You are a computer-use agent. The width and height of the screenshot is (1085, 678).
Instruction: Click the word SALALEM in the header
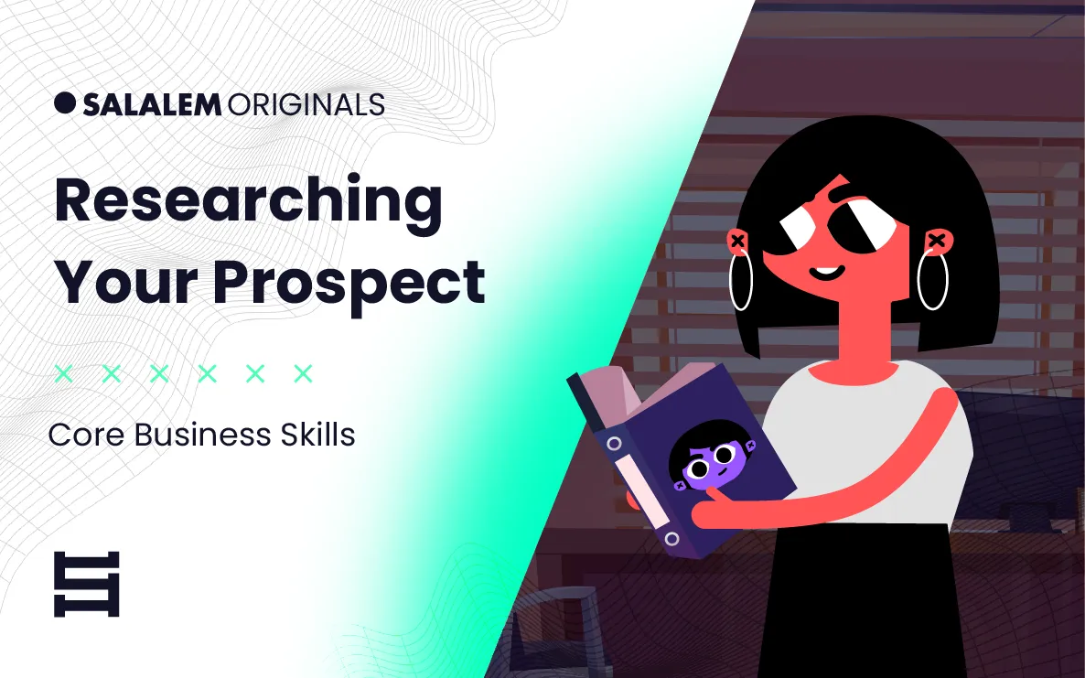click(x=152, y=104)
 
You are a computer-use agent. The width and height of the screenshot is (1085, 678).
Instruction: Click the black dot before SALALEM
click(x=64, y=102)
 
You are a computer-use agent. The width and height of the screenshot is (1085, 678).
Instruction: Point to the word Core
click(x=87, y=436)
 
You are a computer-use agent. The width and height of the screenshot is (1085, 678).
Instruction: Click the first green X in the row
click(x=64, y=373)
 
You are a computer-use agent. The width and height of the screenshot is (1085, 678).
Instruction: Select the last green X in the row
click(x=303, y=373)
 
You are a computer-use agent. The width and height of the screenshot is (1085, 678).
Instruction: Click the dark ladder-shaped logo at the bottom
click(x=87, y=584)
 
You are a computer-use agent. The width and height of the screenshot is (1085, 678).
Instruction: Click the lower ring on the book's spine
click(x=671, y=539)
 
